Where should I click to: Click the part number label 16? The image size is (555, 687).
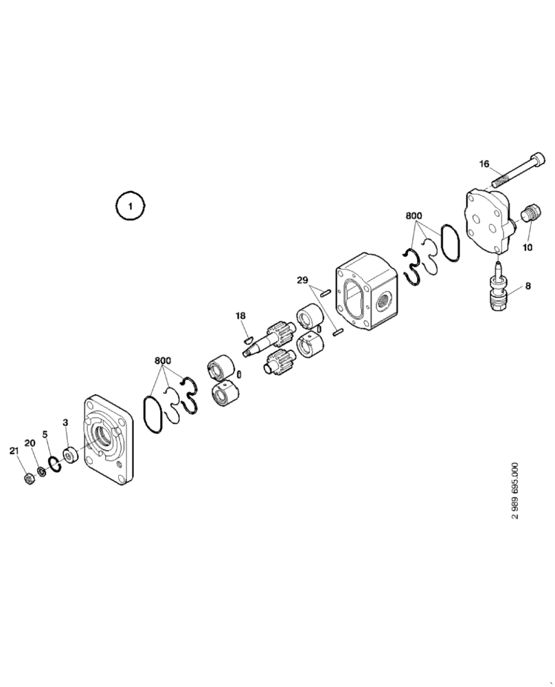pos(484,164)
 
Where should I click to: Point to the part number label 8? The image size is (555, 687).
pos(528,286)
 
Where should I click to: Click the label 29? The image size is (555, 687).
pos(303,280)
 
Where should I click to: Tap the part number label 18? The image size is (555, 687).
pos(240,315)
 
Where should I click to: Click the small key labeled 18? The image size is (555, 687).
pos(249,337)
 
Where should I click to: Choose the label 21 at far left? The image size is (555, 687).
pos(14,450)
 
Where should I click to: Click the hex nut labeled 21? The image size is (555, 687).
pos(28,477)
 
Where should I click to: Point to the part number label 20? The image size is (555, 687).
pos(30,442)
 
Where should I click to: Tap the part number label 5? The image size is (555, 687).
pos(45,434)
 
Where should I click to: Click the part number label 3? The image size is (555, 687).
pos(66,422)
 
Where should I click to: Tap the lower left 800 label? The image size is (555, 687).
pos(162,361)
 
